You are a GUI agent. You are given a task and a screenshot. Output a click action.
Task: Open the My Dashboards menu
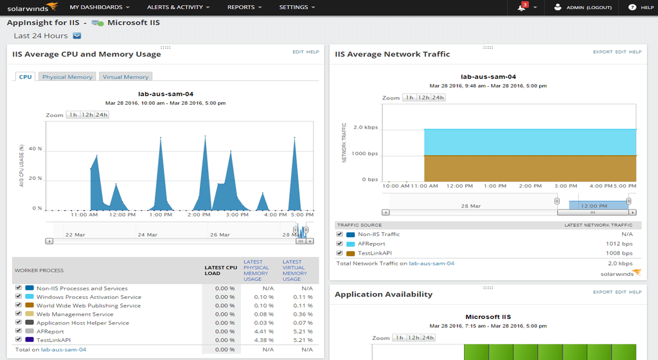pyautogui.click(x=99, y=8)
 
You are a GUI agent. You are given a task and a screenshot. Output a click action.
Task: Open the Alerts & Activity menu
pyautogui.click(x=179, y=8)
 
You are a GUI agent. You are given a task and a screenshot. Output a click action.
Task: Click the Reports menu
pyautogui.click(x=244, y=8)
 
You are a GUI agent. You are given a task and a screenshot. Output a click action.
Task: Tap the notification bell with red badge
pyautogui.click(x=522, y=8)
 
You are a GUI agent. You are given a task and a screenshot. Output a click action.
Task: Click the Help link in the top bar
pyautogui.click(x=642, y=8)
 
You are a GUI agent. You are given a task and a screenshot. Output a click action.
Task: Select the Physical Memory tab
pyautogui.click(x=67, y=77)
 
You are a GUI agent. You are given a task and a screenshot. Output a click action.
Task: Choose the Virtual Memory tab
pyautogui.click(x=125, y=77)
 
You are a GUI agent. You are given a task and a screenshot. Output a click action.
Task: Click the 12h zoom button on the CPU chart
pyautogui.click(x=87, y=115)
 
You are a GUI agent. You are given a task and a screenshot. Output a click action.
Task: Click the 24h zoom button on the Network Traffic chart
pyautogui.click(x=438, y=98)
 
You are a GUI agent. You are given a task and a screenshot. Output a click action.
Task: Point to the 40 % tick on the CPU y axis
pyautogui.click(x=36, y=148)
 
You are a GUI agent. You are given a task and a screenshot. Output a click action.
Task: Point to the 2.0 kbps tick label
pyautogui.click(x=366, y=128)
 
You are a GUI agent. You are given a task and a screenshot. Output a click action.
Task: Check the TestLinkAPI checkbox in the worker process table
pyautogui.click(x=19, y=340)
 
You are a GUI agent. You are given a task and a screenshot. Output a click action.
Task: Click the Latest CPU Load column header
pyautogui.click(x=220, y=270)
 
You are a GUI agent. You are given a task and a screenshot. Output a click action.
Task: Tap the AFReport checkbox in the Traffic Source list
pyautogui.click(x=339, y=244)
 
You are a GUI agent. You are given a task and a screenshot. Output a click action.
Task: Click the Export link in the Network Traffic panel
pyautogui.click(x=602, y=52)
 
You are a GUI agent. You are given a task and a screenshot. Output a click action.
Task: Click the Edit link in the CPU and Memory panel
pyautogui.click(x=298, y=52)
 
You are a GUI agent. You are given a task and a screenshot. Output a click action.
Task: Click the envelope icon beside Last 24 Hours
pyautogui.click(x=77, y=36)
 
